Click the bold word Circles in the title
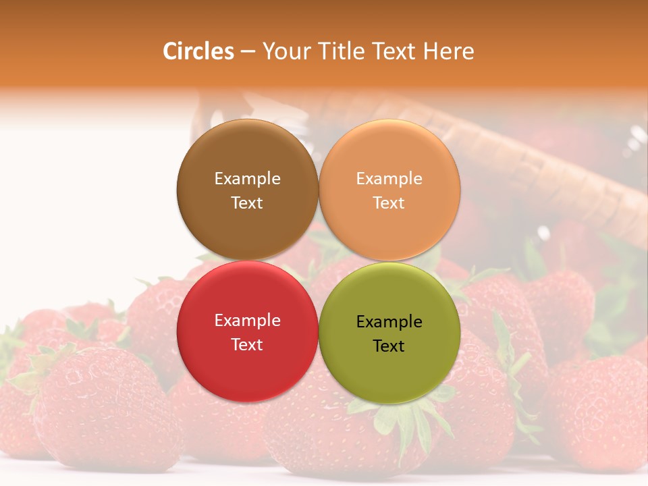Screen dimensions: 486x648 pyautogui.click(x=198, y=51)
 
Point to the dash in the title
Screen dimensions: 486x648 pyautogui.click(x=248, y=52)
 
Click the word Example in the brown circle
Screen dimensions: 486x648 pyautogui.click(x=247, y=178)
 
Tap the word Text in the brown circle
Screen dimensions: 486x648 pyautogui.click(x=247, y=202)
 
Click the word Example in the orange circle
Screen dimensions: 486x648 pyautogui.click(x=389, y=178)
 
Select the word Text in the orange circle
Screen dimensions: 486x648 pyautogui.click(x=389, y=202)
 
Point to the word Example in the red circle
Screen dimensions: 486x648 pyautogui.click(x=247, y=320)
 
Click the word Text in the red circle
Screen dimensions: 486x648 pyautogui.click(x=247, y=344)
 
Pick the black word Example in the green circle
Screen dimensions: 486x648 pyautogui.click(x=389, y=321)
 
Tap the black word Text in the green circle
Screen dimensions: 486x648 pyautogui.click(x=389, y=346)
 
